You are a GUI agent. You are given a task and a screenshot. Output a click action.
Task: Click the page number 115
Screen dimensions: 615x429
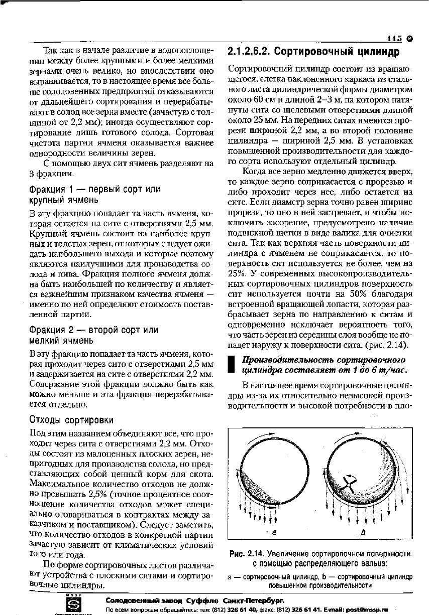tap(395, 39)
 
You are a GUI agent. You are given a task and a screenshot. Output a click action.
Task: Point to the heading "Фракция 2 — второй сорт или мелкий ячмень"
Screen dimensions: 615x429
tap(94, 335)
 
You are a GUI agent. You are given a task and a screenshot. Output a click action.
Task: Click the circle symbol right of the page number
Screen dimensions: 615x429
tap(409, 39)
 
